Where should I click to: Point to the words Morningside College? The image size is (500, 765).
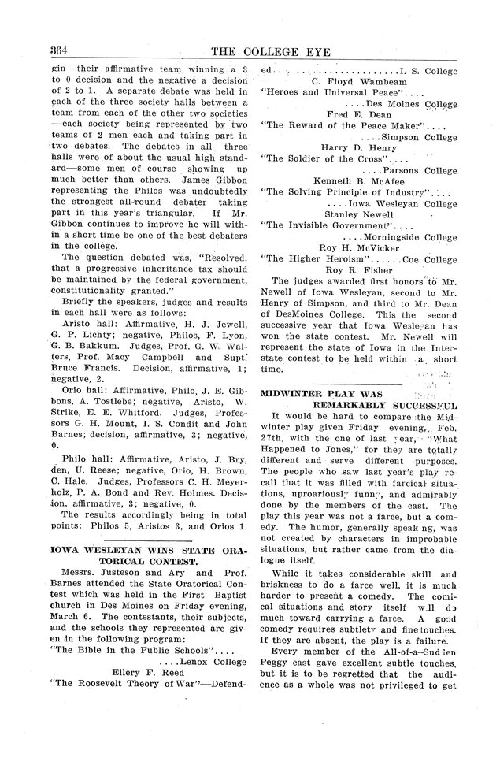tap(410, 236)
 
